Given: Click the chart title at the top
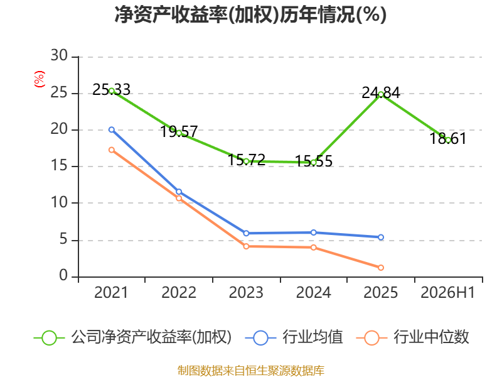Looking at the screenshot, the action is (250, 14).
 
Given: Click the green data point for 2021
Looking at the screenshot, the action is (112, 90).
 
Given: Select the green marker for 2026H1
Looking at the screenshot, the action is (448, 139).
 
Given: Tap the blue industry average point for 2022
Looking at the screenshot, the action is (179, 192).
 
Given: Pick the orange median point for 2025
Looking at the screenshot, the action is (381, 268).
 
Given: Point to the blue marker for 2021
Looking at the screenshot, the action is (112, 129).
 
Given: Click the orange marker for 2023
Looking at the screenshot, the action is (246, 246).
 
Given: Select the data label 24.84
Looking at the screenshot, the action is (381, 93).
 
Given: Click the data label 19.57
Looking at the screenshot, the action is (179, 131).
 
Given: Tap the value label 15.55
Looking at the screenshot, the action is (313, 161).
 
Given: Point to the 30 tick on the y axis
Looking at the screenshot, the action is (59, 55).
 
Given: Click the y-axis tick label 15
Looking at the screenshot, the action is (59, 165).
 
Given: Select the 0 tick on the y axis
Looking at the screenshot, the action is (63, 275).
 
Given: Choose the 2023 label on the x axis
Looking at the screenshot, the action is (246, 292).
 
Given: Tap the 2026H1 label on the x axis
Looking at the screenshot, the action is (447, 292).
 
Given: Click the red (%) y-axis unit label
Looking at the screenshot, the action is (40, 79).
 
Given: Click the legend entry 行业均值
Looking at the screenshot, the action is (312, 337).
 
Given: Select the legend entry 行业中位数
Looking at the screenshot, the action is (431, 337).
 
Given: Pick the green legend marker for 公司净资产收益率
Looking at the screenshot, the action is (50, 338).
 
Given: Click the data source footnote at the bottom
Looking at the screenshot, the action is (251, 371).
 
